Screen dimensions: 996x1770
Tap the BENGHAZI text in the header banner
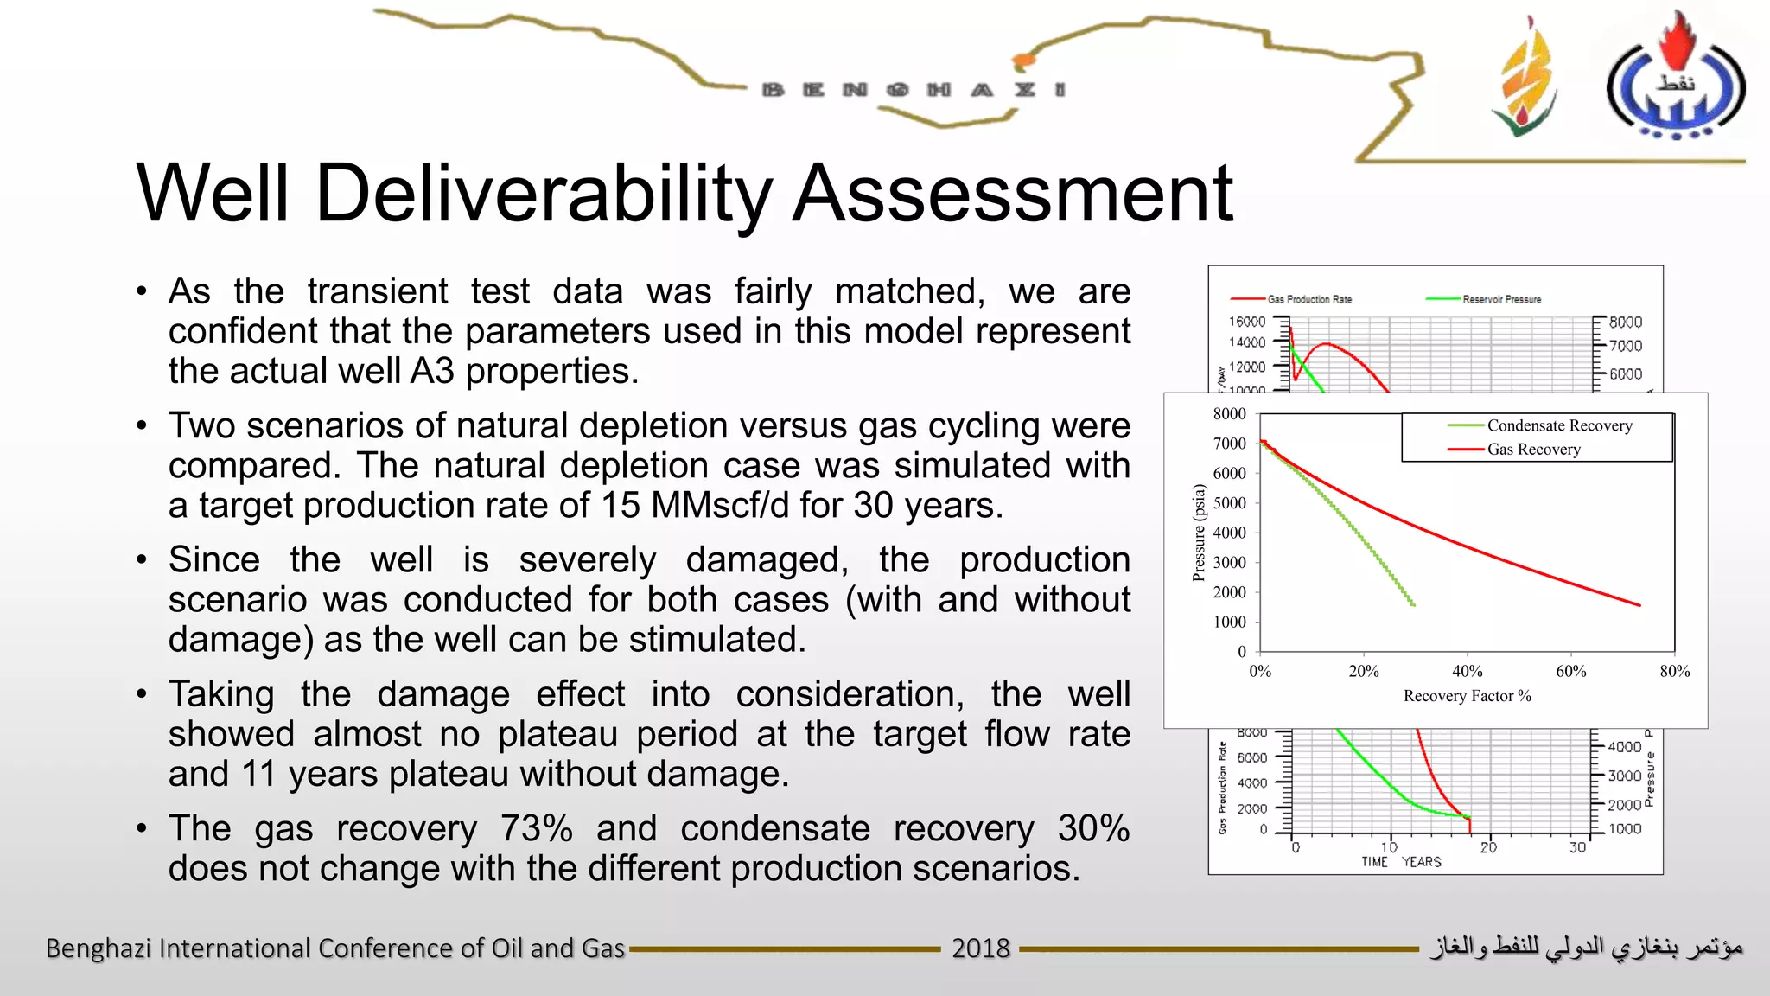point(914,90)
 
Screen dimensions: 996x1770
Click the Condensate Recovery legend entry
point(1558,425)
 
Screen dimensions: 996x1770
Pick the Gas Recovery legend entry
point(1533,450)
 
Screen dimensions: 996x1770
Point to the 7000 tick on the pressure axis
point(1229,444)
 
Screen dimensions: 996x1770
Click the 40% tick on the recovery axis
point(1467,671)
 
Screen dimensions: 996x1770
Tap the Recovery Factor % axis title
point(1467,696)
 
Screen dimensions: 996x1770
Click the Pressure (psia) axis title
point(1199,533)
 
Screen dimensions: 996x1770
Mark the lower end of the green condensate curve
point(1413,604)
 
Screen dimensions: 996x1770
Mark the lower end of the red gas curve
point(1639,604)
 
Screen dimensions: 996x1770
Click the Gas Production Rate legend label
point(1308,299)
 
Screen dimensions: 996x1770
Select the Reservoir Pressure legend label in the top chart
point(1501,299)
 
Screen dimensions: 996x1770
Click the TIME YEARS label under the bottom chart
point(1400,862)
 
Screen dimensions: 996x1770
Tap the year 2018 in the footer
point(980,948)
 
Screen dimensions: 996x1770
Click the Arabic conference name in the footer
point(1586,948)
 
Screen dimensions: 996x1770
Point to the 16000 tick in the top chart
point(1246,322)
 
